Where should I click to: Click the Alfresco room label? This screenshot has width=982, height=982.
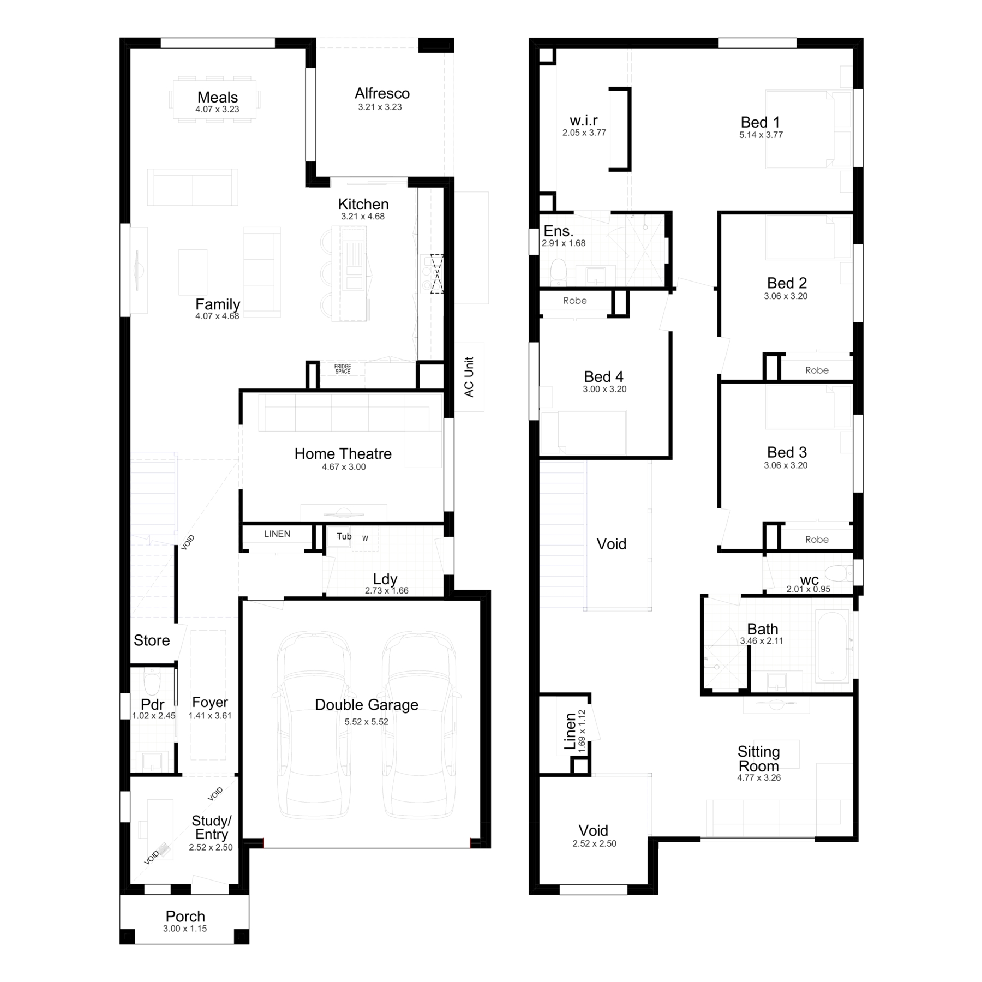coord(382,93)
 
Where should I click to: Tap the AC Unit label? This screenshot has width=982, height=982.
coord(469,377)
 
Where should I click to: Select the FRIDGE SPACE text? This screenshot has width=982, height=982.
coord(343,369)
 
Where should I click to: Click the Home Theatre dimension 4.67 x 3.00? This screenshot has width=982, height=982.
coord(344,467)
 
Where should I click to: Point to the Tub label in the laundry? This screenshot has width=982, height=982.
coord(344,536)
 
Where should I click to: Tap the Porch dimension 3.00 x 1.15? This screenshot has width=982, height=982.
coord(185,929)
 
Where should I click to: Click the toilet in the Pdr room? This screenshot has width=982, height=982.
coord(151,684)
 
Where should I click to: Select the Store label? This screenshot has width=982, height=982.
coord(152,640)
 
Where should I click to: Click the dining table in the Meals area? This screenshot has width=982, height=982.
coord(214,99)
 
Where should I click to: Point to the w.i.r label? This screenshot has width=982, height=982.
coord(584,121)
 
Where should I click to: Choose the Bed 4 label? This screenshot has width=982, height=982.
coord(603,376)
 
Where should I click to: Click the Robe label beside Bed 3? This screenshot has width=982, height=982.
coord(817,540)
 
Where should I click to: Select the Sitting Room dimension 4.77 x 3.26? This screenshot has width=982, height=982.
coord(759,777)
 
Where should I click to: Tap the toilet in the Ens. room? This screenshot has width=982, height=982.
coord(558,271)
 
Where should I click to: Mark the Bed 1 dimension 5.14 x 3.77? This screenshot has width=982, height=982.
coord(761,135)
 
